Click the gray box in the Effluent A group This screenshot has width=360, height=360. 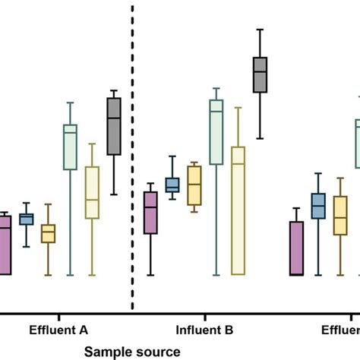coord(114,127)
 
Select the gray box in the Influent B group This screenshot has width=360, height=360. coord(261,74)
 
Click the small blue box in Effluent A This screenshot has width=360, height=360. coord(27,219)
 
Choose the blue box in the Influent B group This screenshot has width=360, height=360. coord(172,185)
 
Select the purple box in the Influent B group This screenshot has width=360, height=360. coord(150,213)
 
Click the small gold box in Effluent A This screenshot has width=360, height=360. coord(48,233)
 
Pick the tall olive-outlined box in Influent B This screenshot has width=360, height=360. coord(238,210)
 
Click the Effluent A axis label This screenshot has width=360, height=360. coord(58,330)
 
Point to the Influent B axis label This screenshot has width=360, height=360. coord(204,330)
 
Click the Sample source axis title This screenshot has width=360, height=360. coord(132,351)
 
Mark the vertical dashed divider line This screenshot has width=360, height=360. coord(134,152)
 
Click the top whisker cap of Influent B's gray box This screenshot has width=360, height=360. coord(261,30)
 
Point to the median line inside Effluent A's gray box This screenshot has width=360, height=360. coord(114,118)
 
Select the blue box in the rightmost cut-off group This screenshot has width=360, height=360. coord(318,205)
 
